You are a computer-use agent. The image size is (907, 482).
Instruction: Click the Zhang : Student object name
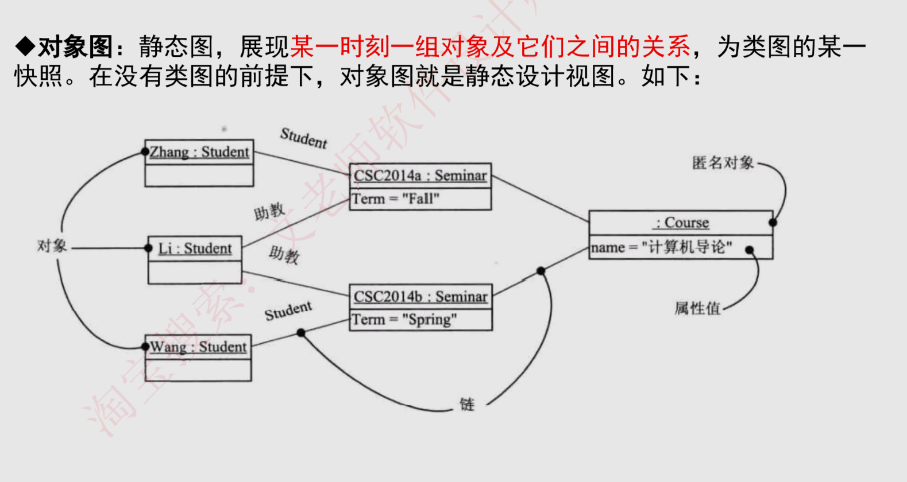pyautogui.click(x=199, y=152)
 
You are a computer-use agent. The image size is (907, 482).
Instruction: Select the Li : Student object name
pyautogui.click(x=195, y=248)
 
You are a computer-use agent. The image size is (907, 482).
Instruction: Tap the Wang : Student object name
pyautogui.click(x=198, y=347)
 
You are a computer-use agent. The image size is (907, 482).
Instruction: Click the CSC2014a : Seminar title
pyautogui.click(x=420, y=175)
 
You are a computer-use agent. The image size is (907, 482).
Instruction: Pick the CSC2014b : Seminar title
pyautogui.click(x=420, y=296)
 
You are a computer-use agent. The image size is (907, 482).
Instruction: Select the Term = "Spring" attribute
pyautogui.click(x=404, y=319)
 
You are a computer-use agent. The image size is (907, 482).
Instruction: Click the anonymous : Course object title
pyautogui.click(x=681, y=222)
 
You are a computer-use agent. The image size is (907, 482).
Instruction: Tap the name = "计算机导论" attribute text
pyautogui.click(x=661, y=247)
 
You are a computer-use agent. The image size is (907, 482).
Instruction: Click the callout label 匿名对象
pyautogui.click(x=723, y=163)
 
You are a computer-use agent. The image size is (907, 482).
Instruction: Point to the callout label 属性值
pyautogui.click(x=697, y=308)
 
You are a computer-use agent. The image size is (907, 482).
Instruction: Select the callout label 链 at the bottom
pyautogui.click(x=467, y=405)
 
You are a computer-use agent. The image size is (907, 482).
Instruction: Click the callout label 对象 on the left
pyautogui.click(x=52, y=246)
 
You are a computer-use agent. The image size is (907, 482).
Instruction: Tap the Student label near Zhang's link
pyautogui.click(x=303, y=138)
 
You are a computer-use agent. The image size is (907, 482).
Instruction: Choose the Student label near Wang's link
pyautogui.click(x=288, y=311)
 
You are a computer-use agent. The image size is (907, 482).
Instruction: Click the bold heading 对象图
pyautogui.click(x=75, y=46)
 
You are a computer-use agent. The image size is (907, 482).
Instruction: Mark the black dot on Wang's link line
pyautogui.click(x=301, y=333)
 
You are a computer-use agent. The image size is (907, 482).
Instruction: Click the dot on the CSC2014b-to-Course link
pyautogui.click(x=541, y=271)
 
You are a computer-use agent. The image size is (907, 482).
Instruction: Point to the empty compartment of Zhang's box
pyautogui.click(x=199, y=175)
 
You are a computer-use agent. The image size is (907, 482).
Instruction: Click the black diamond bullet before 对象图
pyautogui.click(x=25, y=46)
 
